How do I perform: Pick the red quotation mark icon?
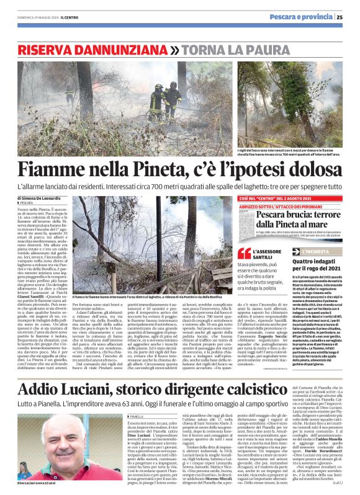click(245, 254)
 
